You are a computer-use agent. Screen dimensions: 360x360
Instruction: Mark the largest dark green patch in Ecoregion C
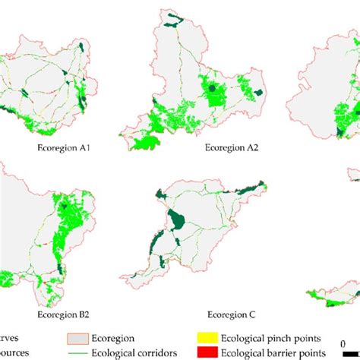[178, 221]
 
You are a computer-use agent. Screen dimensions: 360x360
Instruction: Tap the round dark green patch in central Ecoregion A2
[215, 90]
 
